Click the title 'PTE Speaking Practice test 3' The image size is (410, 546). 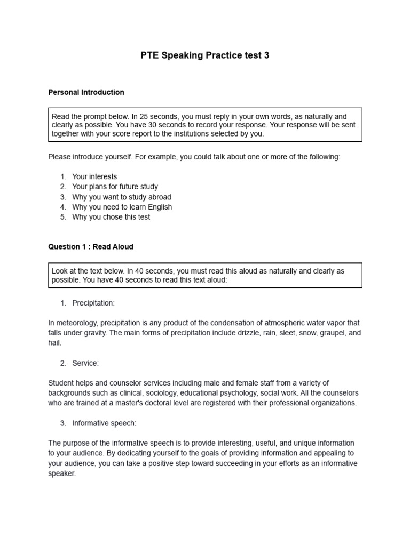point(205,55)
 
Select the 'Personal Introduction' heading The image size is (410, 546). point(86,92)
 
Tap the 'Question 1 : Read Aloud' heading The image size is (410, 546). point(91,247)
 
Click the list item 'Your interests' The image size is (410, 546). point(94,176)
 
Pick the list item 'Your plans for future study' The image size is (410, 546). point(115,187)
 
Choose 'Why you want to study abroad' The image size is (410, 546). point(122,197)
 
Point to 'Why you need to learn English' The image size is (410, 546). point(122,207)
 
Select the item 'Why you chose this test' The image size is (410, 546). point(111,217)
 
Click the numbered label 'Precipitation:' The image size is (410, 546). point(93,303)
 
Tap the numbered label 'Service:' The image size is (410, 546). point(85,363)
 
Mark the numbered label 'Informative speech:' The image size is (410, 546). point(104,423)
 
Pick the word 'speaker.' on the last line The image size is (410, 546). point(62,473)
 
